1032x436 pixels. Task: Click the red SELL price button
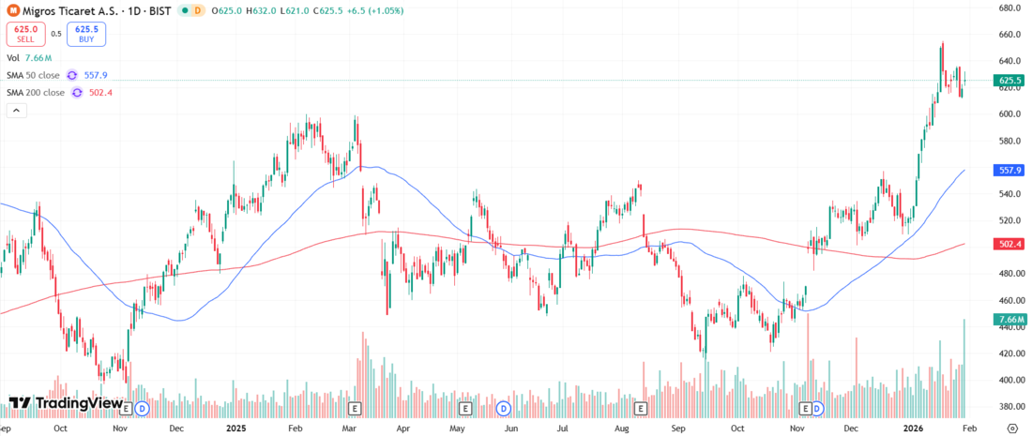[24, 35]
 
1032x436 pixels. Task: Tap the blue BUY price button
[86, 35]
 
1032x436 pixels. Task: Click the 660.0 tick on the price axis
[1009, 35]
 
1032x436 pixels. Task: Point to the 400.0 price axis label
[1009, 381]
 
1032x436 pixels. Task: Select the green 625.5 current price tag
[1009, 82]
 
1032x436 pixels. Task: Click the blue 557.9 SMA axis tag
[1009, 171]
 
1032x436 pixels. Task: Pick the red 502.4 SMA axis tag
[1009, 244]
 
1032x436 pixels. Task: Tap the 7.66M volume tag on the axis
[1009, 320]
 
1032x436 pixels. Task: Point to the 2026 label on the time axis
[913, 427]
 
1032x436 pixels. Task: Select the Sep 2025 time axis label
[678, 427]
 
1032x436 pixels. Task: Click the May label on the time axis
[457, 427]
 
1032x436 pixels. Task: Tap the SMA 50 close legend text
[33, 75]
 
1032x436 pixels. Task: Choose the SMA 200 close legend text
[36, 92]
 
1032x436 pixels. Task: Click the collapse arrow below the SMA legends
[16, 110]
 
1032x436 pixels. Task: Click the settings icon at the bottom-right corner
[1011, 427]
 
